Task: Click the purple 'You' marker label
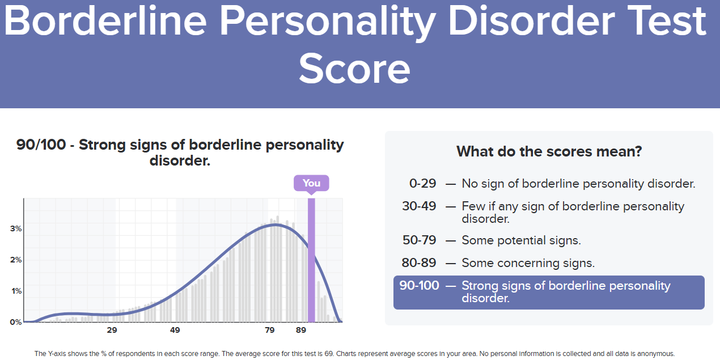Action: point(311,183)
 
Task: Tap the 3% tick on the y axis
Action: point(16,229)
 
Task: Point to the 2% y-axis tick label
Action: point(16,260)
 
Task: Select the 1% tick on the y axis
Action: point(16,291)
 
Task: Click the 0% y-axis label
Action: point(16,322)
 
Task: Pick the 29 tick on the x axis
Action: point(112,330)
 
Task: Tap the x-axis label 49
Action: point(175,330)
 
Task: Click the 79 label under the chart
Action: point(270,330)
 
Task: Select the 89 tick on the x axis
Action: point(301,330)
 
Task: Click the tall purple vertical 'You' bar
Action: point(311,260)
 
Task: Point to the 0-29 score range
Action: point(422,184)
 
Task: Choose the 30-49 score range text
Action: point(419,206)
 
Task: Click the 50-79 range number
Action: point(419,240)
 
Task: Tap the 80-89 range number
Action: point(419,263)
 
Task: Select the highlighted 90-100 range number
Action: point(419,285)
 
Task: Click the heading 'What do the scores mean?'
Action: point(549,151)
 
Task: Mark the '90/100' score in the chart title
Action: point(41,145)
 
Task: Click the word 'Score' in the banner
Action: point(354,69)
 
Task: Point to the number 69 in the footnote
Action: point(328,354)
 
